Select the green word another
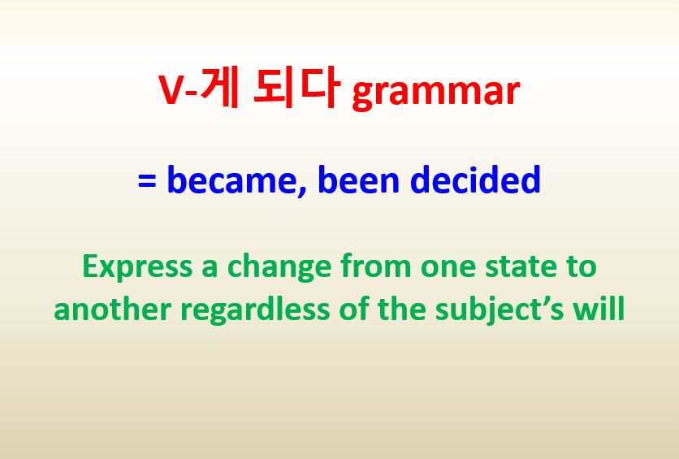click(105, 310)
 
